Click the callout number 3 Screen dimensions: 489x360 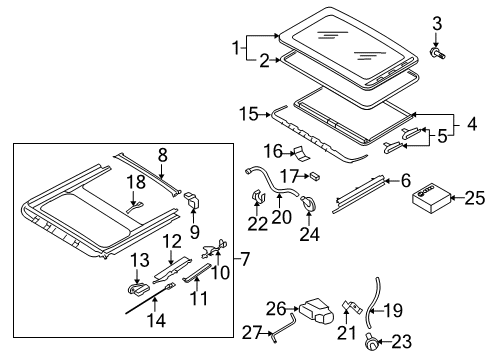[x=437, y=24]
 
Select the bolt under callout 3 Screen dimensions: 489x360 [x=437, y=53]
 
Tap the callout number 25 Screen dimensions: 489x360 [x=475, y=198]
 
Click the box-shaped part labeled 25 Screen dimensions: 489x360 [x=432, y=199]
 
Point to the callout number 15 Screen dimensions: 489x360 [x=249, y=114]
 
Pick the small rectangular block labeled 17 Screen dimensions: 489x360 [x=315, y=176]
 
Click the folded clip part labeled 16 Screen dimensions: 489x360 [x=301, y=153]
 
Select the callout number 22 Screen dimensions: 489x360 [x=257, y=224]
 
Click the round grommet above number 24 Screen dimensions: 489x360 [x=309, y=203]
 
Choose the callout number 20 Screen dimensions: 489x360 [x=282, y=217]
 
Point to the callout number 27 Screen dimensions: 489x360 [x=252, y=332]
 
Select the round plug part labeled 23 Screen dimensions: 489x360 [x=371, y=342]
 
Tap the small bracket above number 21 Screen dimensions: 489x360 [x=352, y=306]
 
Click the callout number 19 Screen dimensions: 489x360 [x=393, y=310]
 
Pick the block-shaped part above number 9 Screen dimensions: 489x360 [x=192, y=200]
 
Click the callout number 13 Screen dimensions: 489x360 [x=140, y=260]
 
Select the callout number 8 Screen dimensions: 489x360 [x=162, y=155]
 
